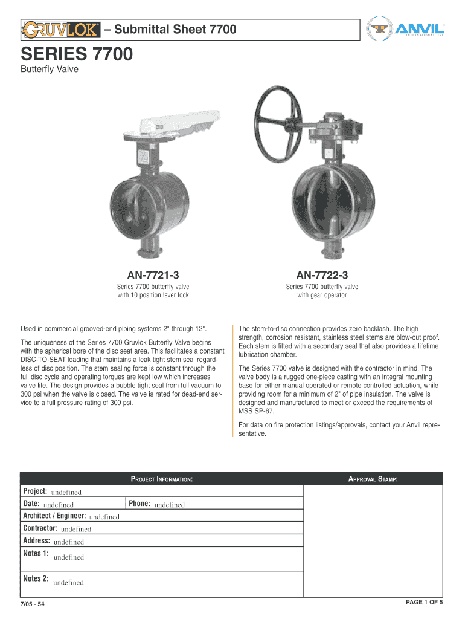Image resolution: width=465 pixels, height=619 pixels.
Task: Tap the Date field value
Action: pyautogui.click(x=58, y=505)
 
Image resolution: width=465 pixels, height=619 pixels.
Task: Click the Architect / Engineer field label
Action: pyautogui.click(x=54, y=516)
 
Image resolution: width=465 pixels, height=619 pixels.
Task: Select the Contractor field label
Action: pyautogui.click(x=40, y=528)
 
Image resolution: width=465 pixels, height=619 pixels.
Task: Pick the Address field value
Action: pyautogui.click(x=69, y=542)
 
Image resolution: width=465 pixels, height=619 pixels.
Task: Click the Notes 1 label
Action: pyautogui.click(x=36, y=553)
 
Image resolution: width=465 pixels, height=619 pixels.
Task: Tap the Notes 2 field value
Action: pyautogui.click(x=68, y=582)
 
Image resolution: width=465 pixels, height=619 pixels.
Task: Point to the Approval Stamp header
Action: pyautogui.click(x=373, y=479)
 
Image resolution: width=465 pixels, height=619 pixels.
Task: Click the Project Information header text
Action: pyautogui.click(x=162, y=479)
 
